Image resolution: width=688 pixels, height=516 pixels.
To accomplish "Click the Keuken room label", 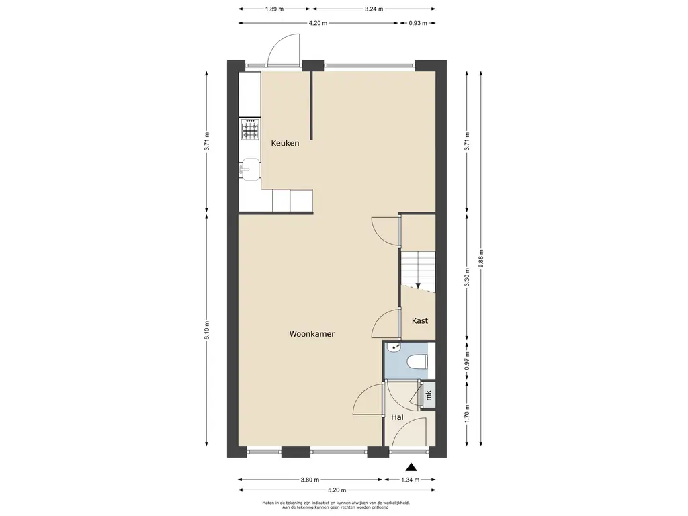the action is coord(285,143).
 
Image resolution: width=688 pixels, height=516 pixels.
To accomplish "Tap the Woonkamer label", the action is coord(312,334).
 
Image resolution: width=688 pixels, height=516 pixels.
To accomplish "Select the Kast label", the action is coord(420,320).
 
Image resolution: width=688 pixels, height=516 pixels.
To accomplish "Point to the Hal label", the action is coord(397,417).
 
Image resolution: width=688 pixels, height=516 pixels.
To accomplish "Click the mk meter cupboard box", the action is coord(428,396).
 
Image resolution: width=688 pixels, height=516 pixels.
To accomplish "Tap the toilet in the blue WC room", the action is coord(417,362).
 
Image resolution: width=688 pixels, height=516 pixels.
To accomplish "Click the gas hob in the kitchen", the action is coord(250,129).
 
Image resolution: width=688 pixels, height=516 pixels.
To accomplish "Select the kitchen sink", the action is coord(250,169).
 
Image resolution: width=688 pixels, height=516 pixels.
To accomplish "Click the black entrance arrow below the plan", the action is coord(411,467).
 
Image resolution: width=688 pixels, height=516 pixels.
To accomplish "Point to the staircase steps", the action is coord(418,269).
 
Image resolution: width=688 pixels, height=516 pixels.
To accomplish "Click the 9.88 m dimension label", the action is coord(481,259).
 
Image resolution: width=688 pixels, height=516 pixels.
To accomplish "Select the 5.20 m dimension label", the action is coord(337,490).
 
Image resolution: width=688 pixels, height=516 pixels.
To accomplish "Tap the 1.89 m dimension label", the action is coord(274,9).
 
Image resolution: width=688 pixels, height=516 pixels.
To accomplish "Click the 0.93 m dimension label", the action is coord(418,23).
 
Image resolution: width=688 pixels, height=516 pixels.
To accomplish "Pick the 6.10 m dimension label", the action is coord(207,330).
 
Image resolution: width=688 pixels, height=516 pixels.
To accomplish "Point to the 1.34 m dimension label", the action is coord(411,480).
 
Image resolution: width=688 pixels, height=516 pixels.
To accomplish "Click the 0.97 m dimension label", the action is coord(467,361).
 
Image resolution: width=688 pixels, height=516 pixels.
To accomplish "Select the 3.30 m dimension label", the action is coord(467,277).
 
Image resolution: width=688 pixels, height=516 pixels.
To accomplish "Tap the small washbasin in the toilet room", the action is coord(394,347).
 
